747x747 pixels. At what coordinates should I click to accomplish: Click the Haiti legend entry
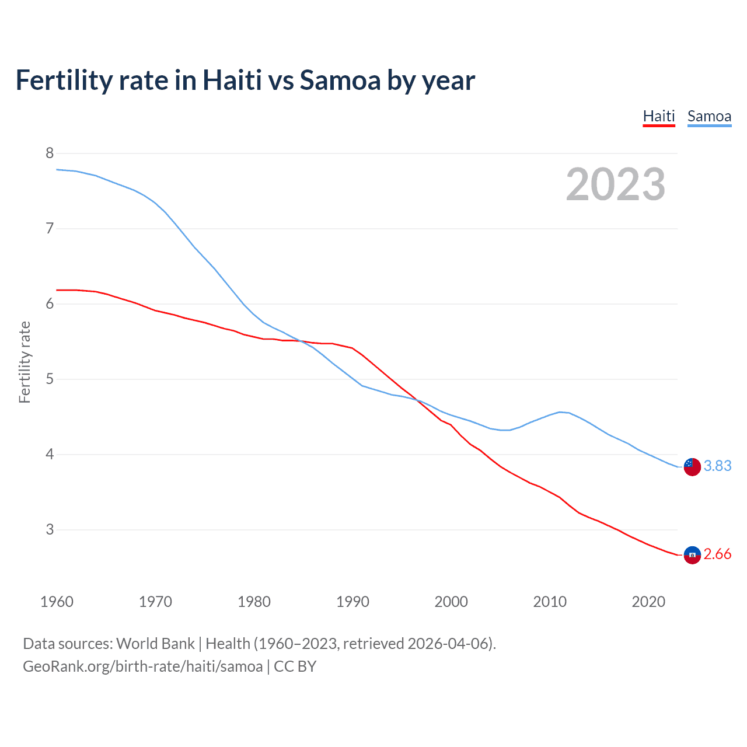click(x=659, y=116)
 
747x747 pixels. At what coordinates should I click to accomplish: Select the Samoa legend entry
click(x=709, y=116)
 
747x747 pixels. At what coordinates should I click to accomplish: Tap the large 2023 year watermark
click(x=616, y=184)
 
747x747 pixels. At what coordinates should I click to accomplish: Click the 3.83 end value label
click(x=717, y=466)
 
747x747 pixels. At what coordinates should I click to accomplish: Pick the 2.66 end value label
click(x=717, y=554)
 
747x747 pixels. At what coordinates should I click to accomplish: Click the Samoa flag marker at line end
click(x=692, y=466)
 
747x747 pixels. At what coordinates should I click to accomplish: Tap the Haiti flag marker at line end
click(x=692, y=554)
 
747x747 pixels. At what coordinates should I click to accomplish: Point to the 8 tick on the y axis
click(x=50, y=153)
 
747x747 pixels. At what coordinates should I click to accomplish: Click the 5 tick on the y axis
click(x=50, y=379)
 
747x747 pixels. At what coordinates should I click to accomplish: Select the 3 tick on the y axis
click(x=50, y=529)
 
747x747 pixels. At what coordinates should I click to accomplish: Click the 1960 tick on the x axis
click(x=57, y=602)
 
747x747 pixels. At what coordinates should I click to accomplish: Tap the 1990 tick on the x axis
click(x=352, y=602)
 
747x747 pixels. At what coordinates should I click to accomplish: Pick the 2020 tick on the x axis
click(x=648, y=602)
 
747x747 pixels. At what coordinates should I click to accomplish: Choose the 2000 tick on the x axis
click(x=451, y=602)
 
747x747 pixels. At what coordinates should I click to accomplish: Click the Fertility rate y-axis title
click(x=25, y=362)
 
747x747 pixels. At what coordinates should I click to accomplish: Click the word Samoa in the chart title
click(x=340, y=80)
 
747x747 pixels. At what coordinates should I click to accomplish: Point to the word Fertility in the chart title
click(x=64, y=80)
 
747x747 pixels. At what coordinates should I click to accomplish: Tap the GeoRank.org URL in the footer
click(x=142, y=666)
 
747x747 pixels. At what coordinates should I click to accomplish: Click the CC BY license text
click(x=295, y=666)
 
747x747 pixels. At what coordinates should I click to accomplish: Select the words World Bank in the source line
click(x=155, y=644)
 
